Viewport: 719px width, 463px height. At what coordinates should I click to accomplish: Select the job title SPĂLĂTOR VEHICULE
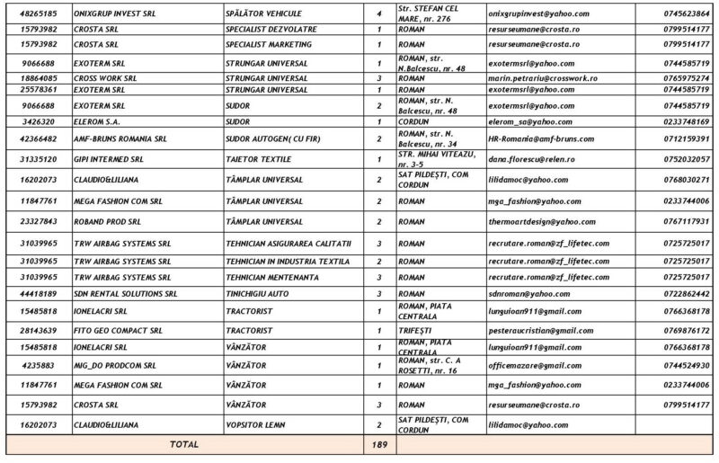[264, 14]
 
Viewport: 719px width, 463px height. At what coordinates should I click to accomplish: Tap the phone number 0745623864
[685, 14]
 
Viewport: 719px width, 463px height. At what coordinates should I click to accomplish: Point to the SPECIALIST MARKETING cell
[268, 43]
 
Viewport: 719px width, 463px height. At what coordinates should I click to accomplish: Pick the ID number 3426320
[34, 121]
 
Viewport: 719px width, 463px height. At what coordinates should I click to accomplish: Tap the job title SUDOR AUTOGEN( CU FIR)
[273, 139]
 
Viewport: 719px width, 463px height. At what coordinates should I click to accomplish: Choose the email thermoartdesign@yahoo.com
[543, 221]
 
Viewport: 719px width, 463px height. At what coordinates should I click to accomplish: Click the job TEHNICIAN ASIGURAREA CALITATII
[288, 244]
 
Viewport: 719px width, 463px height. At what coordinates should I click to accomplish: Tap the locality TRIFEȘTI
[415, 331]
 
